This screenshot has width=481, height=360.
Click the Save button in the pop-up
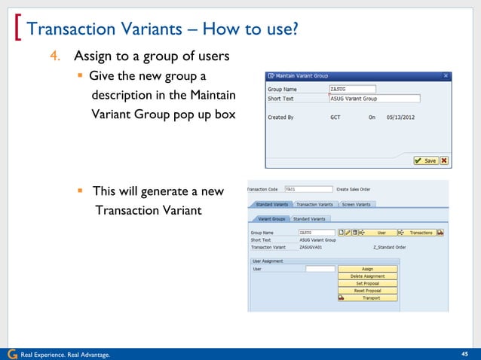click(x=425, y=160)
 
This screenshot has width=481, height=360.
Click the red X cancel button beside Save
click(x=444, y=160)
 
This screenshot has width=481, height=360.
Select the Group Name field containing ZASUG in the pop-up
click(x=352, y=89)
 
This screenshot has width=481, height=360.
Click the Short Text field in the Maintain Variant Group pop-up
click(x=374, y=99)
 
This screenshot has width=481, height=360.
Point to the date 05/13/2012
click(x=400, y=117)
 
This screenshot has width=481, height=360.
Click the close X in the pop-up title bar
click(x=446, y=75)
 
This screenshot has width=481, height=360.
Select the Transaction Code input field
click(x=308, y=189)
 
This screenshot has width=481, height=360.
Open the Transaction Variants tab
click(x=314, y=204)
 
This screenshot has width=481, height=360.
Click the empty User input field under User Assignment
click(x=320, y=269)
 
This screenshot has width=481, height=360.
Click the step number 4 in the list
click(x=56, y=56)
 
